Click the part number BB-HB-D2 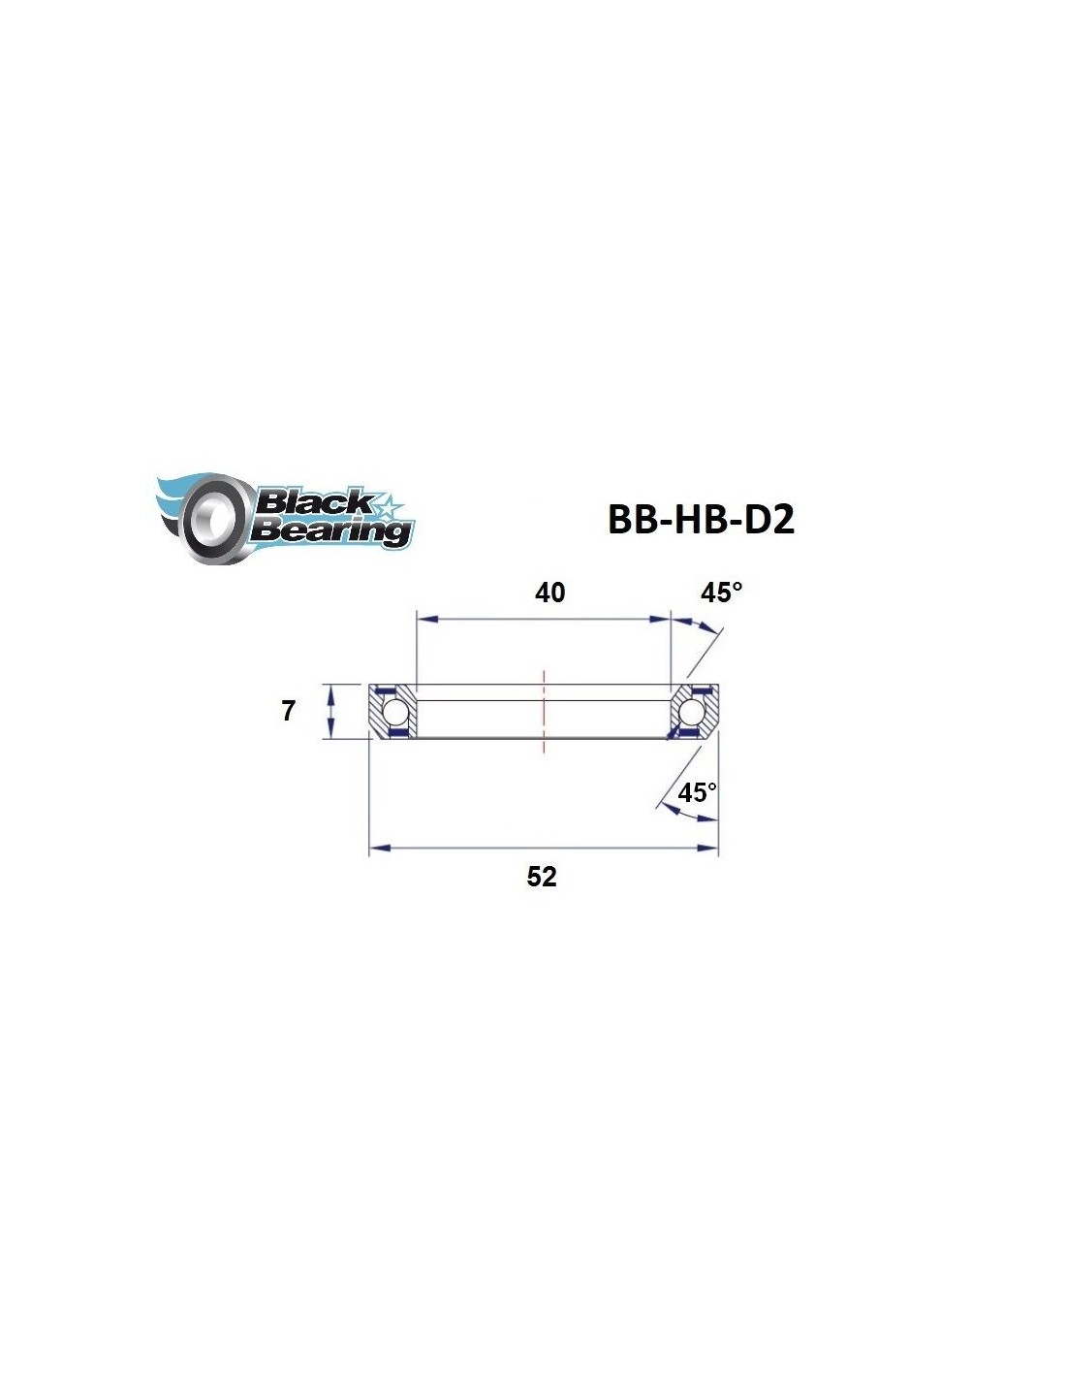click(x=701, y=520)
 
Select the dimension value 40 click(x=549, y=593)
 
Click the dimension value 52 click(x=542, y=877)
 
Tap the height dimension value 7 click(x=289, y=712)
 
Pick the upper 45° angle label click(x=721, y=593)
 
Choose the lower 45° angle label click(x=697, y=792)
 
